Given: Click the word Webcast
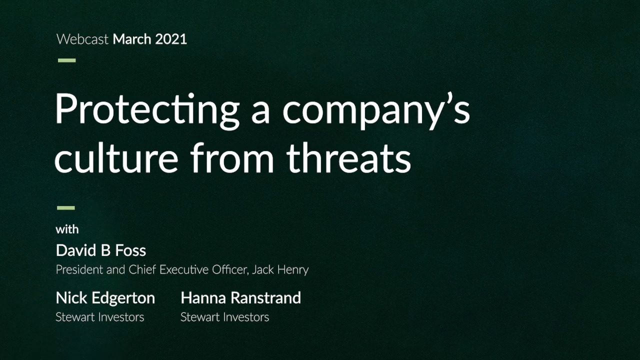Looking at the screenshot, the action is [x=82, y=39].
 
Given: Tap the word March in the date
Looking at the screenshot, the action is [x=132, y=39].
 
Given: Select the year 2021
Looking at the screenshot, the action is [x=171, y=39].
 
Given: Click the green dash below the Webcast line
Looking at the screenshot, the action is [x=67, y=60].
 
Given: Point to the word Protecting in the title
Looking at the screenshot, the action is [x=147, y=110].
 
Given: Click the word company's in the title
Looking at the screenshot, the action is [x=376, y=110].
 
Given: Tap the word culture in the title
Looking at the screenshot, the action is [x=116, y=157].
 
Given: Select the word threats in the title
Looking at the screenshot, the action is [x=349, y=157].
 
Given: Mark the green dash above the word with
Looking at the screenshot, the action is [x=66, y=207].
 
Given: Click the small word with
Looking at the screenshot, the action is [x=67, y=229].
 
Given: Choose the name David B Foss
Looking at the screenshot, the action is [x=101, y=250].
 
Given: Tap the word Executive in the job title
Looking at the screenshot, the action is [x=184, y=269].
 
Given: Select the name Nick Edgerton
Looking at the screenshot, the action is [x=105, y=298].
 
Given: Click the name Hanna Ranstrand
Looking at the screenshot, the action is [x=241, y=298].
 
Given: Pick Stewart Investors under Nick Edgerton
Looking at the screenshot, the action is [x=99, y=317].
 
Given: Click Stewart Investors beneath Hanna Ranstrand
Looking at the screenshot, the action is [x=225, y=317].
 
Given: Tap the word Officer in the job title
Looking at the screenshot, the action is [x=229, y=269].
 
